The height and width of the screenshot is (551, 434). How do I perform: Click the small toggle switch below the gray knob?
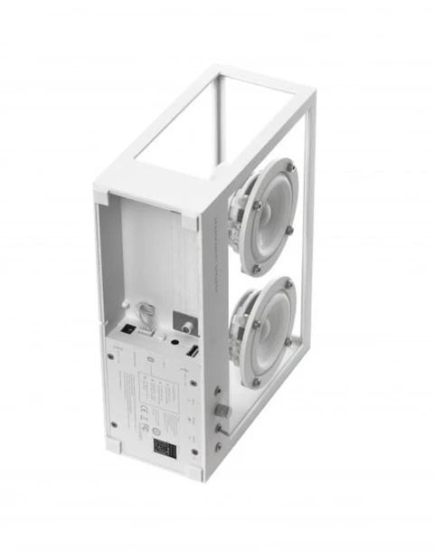[x=220, y=444]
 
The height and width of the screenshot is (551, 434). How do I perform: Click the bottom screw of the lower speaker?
[x=255, y=381]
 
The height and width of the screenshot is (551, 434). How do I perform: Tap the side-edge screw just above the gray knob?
[x=220, y=390]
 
